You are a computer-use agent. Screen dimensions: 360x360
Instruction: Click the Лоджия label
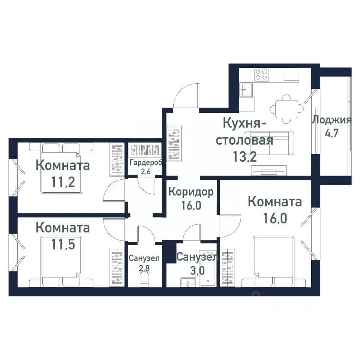point(331,120)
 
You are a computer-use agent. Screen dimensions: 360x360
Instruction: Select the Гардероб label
point(144,162)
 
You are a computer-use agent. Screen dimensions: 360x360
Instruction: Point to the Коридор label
point(191,192)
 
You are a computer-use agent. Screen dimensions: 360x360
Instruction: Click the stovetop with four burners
point(261,74)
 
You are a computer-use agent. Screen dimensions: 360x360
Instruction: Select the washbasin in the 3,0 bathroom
point(186,282)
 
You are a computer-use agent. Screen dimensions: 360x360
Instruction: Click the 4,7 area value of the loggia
point(331,133)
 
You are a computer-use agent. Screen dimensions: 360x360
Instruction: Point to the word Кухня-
point(245,123)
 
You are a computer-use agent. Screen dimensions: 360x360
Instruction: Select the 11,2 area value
point(63,183)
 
